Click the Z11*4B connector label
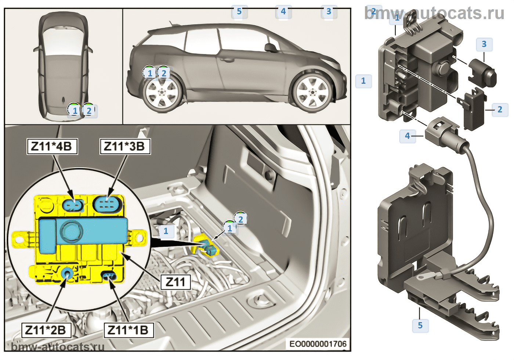click(52, 147)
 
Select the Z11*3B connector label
click(125, 147)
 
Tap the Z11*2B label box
click(46, 330)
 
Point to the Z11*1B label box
click(128, 330)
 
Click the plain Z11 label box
click(175, 282)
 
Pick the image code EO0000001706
click(318, 344)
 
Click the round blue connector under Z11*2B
click(68, 273)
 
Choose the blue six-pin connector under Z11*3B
click(107, 204)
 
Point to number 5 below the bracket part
click(420, 325)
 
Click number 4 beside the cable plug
click(407, 136)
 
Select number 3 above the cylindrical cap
click(484, 44)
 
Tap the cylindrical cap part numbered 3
click(483, 72)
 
